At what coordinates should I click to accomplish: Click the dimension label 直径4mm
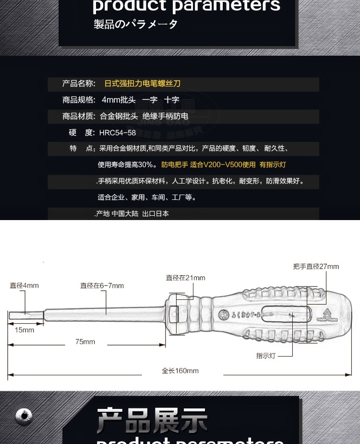click(24, 285)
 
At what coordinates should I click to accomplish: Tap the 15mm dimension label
click(24, 330)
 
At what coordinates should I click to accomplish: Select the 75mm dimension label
click(85, 342)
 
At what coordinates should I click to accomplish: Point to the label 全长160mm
click(180, 370)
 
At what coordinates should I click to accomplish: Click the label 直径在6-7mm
click(102, 285)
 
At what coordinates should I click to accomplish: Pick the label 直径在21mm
click(185, 278)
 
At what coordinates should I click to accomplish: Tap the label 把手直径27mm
click(316, 267)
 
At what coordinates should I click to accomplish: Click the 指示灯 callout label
click(265, 356)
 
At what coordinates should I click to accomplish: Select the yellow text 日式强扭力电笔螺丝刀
click(143, 84)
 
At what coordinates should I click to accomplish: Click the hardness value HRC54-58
click(118, 133)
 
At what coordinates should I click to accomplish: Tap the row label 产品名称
click(79, 84)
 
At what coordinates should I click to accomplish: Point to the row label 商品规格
click(79, 100)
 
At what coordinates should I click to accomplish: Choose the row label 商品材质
click(79, 116)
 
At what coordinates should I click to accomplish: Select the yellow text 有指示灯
click(273, 165)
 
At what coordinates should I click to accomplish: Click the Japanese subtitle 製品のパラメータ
click(135, 25)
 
